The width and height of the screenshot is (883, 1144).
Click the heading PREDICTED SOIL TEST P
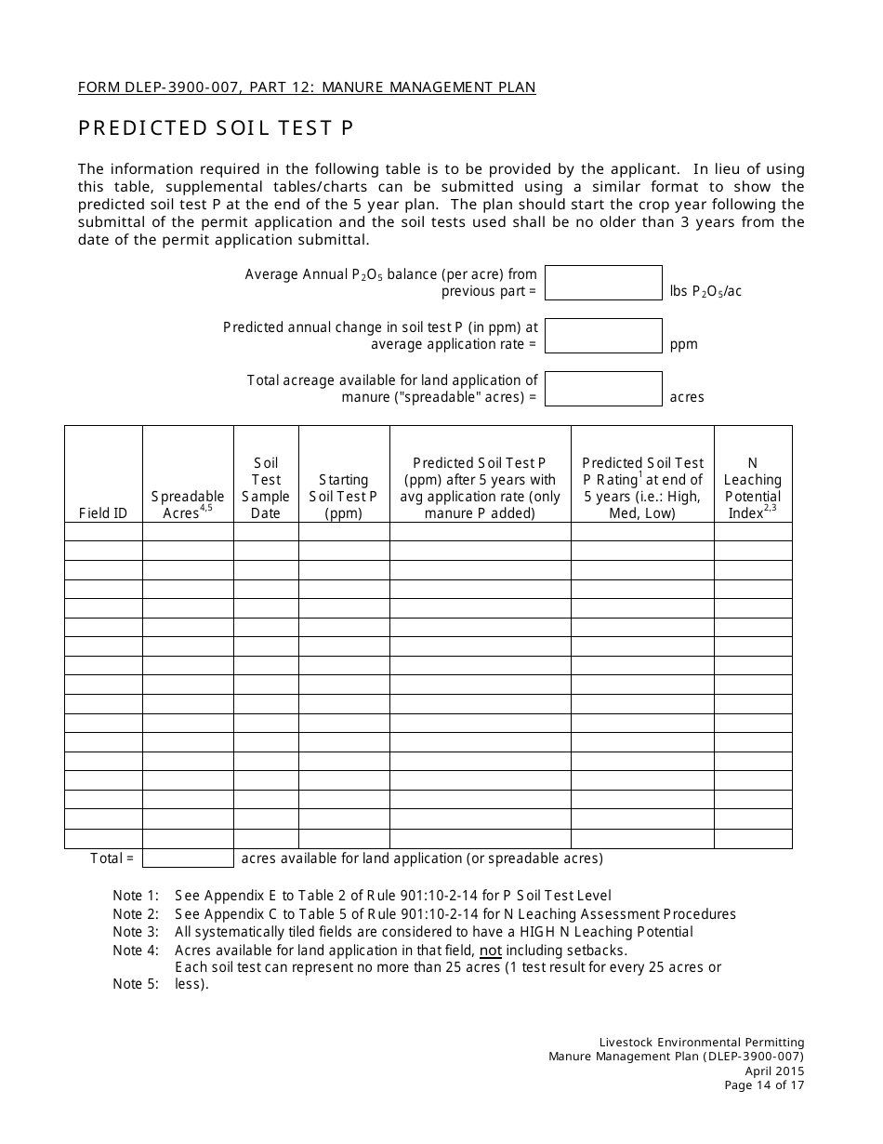(216, 128)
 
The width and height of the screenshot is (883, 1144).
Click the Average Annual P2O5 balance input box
(603, 283)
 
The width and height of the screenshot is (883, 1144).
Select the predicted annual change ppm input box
(603, 336)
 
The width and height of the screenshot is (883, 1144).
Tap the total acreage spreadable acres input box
(603, 389)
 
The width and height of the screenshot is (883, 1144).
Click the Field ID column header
(103, 513)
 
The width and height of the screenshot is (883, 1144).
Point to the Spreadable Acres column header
(188, 505)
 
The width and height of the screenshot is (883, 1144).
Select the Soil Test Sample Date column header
(266, 488)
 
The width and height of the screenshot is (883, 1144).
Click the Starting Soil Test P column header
(343, 497)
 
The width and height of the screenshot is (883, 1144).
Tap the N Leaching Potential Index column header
(753, 488)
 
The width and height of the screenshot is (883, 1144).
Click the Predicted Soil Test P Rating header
(642, 488)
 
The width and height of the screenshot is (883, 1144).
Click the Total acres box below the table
(188, 858)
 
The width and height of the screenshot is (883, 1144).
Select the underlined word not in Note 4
(490, 951)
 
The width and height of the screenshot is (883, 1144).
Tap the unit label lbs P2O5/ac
(705, 291)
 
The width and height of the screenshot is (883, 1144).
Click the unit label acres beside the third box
(687, 397)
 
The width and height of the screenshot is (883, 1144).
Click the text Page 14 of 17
(765, 1084)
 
